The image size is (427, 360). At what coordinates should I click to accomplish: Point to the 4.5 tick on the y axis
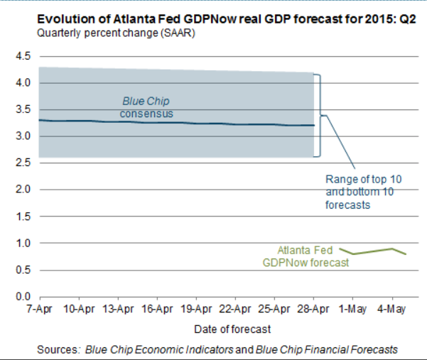point(23,56)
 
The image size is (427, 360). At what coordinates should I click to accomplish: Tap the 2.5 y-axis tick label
point(23,163)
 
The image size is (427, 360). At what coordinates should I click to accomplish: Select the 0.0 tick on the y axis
point(23,296)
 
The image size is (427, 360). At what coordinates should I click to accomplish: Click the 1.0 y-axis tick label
point(23,243)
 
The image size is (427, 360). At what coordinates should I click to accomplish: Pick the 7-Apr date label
point(40,310)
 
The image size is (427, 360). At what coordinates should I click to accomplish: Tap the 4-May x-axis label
point(391,310)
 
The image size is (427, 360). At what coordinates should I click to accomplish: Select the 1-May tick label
point(352,310)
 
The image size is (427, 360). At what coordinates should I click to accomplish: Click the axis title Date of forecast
point(232,329)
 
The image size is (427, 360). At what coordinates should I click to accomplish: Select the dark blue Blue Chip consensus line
point(213,124)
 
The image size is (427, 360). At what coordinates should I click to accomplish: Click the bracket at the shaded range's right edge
point(320,115)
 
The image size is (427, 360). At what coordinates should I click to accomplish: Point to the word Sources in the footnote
point(60,349)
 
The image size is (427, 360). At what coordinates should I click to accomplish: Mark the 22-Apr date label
point(235,310)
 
